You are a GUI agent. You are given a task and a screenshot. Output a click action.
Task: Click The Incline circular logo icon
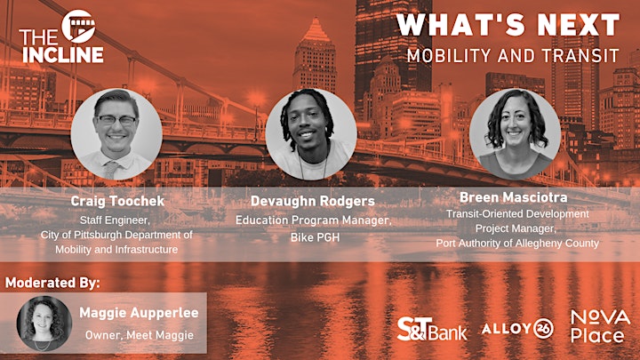78,27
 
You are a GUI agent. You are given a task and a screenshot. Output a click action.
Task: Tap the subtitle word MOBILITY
449,56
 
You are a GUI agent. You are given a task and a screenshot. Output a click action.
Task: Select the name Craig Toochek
117,201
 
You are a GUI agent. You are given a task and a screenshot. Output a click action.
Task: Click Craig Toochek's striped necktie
111,170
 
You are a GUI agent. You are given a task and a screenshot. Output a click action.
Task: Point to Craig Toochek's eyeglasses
116,120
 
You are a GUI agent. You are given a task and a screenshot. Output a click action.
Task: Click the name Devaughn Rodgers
313,201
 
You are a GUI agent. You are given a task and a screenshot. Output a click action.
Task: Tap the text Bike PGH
315,237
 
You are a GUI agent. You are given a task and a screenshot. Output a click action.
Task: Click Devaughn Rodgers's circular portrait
311,134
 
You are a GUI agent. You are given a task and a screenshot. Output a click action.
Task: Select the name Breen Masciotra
514,197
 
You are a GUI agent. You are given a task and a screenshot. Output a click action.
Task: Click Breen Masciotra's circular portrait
515,134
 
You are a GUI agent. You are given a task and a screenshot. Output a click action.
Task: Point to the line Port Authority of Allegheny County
517,244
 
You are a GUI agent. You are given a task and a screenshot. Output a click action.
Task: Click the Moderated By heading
52,283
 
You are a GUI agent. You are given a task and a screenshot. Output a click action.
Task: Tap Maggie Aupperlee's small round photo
44,324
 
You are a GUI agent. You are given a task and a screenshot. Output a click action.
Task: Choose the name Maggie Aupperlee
139,313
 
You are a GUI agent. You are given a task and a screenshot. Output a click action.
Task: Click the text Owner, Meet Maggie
140,335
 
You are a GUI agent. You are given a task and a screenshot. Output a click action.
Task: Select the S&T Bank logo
432,329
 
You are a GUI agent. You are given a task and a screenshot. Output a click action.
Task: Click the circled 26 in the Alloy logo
544,329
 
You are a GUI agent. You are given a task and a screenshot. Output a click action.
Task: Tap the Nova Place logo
600,326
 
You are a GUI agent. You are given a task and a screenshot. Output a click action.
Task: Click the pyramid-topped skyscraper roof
316,30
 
